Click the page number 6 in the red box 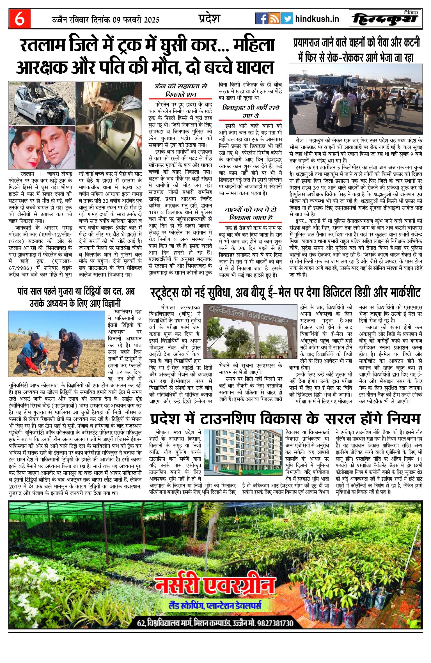[x=19, y=19]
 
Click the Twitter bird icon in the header [x=287, y=19]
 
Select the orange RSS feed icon [x=274, y=19]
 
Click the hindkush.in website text [x=317, y=19]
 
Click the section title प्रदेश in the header [x=209, y=19]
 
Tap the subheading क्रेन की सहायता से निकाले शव [x=180, y=90]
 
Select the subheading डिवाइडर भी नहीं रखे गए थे [x=250, y=112]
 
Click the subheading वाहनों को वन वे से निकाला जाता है [x=250, y=213]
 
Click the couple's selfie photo [x=42, y=147]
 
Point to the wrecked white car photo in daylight [x=42, y=103]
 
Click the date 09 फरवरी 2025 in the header [x=136, y=20]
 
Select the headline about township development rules [x=285, y=419]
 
